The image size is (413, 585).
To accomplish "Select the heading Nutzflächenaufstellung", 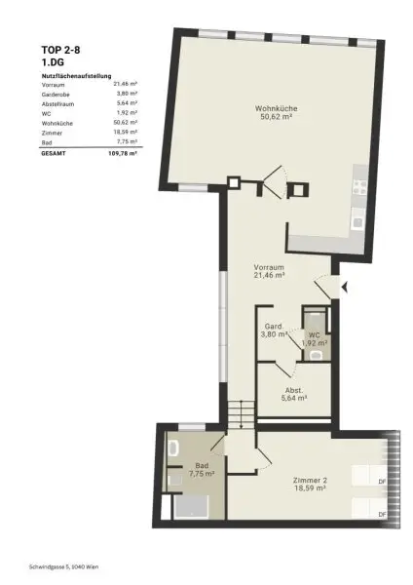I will [77, 75].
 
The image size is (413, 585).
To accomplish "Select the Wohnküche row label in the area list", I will [57, 123].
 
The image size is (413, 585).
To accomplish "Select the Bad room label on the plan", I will [201, 466].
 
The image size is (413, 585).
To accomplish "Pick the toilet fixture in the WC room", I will [315, 355].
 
